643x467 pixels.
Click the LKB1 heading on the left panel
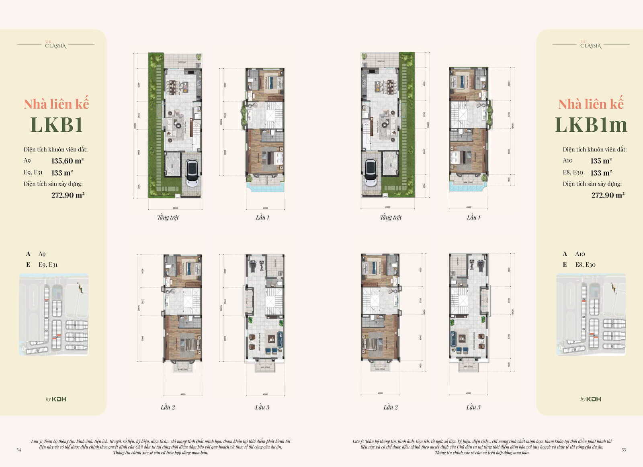coord(57,124)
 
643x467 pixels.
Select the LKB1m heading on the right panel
coord(591,124)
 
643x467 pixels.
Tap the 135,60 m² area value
coord(67,161)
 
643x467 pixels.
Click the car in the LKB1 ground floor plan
coord(192,173)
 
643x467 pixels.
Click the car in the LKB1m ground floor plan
coord(370,173)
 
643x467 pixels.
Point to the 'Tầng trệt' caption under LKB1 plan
coord(168,217)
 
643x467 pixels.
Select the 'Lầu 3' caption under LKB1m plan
coord(473,407)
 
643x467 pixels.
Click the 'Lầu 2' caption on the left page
coord(168,407)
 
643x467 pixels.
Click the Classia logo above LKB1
coord(55,45)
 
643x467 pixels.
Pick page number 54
coord(19,450)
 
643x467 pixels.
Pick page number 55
coord(624,450)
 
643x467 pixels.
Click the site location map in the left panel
coord(54,314)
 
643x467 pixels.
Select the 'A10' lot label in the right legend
coord(580,254)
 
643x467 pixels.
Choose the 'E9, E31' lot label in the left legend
coord(48,265)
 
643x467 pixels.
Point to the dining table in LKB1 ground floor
coord(177,85)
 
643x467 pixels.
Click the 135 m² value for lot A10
coord(601,161)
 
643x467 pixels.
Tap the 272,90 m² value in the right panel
coord(608,195)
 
